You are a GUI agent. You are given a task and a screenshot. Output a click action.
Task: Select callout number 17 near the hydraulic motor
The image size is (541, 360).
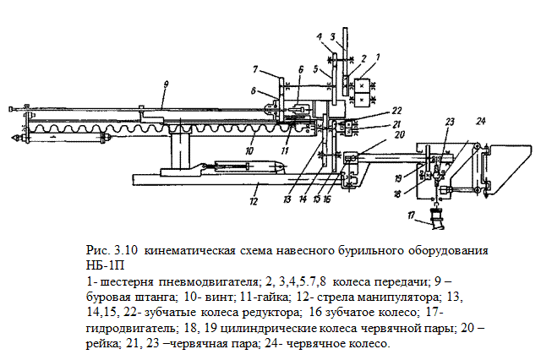coord(411,216)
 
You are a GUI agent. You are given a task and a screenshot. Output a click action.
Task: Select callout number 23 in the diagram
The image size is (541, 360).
coord(450,121)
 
